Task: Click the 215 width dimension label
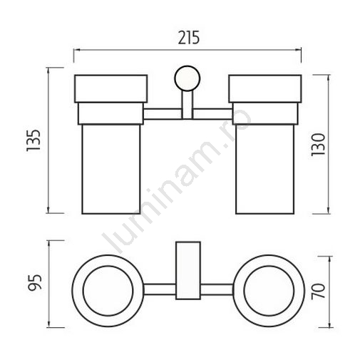pos(189,38)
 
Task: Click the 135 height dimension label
pos(34,140)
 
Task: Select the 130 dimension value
pos(318,145)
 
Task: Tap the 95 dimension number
pos(35,282)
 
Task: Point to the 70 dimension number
pos(318,292)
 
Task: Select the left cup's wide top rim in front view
pos(111,89)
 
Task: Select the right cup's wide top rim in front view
pos(265,89)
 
